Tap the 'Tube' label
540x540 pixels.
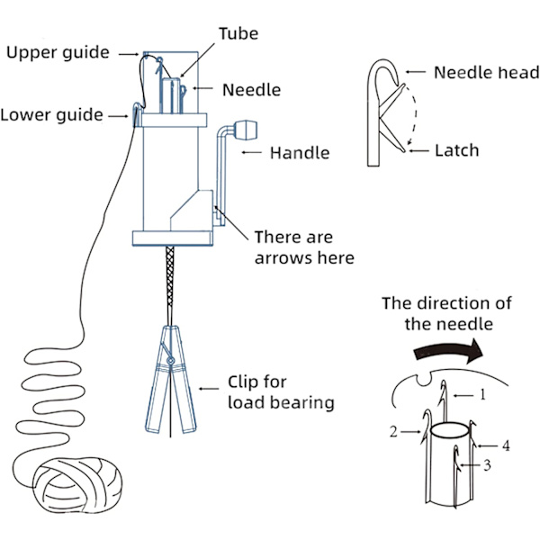coord(238,33)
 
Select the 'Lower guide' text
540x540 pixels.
coord(50,114)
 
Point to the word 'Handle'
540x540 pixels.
coord(300,153)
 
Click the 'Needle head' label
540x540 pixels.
coord(486,72)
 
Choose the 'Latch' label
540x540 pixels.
coord(457,150)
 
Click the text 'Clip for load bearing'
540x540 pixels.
coord(281,391)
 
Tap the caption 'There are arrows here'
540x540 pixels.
coord(304,247)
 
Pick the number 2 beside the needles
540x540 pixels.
coord(393,432)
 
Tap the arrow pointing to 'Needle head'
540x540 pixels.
coord(416,72)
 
